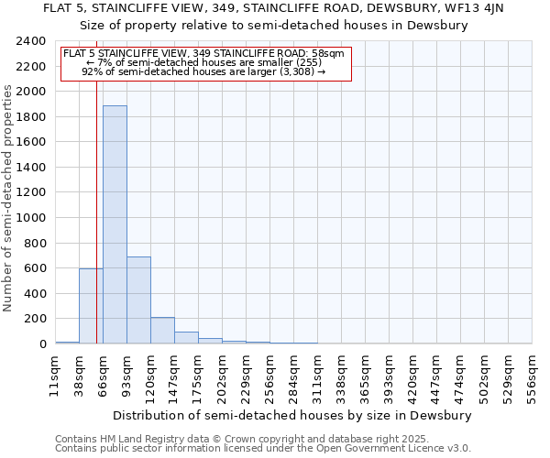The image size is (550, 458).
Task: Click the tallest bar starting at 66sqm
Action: tap(115, 224)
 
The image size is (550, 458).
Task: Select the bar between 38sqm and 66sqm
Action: tap(89, 306)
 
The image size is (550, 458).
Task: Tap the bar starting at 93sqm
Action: tap(138, 300)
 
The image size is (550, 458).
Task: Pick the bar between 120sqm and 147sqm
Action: tap(162, 331)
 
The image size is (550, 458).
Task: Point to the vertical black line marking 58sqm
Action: tap(96, 211)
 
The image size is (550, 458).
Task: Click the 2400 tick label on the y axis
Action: tap(30, 42)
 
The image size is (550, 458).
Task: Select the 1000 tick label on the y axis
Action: tap(30, 218)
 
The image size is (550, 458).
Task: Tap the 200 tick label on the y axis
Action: tap(34, 319)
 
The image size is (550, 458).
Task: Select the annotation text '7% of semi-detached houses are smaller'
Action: tap(203, 62)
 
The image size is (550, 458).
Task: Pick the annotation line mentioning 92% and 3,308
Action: tap(203, 71)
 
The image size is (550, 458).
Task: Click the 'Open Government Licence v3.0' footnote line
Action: tap(263, 449)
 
